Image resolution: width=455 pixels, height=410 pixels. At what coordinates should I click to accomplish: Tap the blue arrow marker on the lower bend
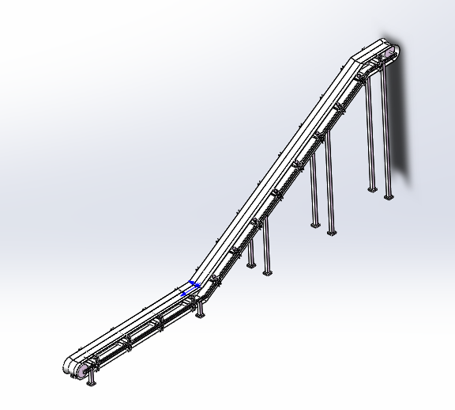191,287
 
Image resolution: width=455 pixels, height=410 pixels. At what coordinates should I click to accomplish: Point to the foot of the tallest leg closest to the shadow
388,196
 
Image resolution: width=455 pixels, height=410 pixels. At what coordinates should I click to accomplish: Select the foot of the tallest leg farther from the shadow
370,189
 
